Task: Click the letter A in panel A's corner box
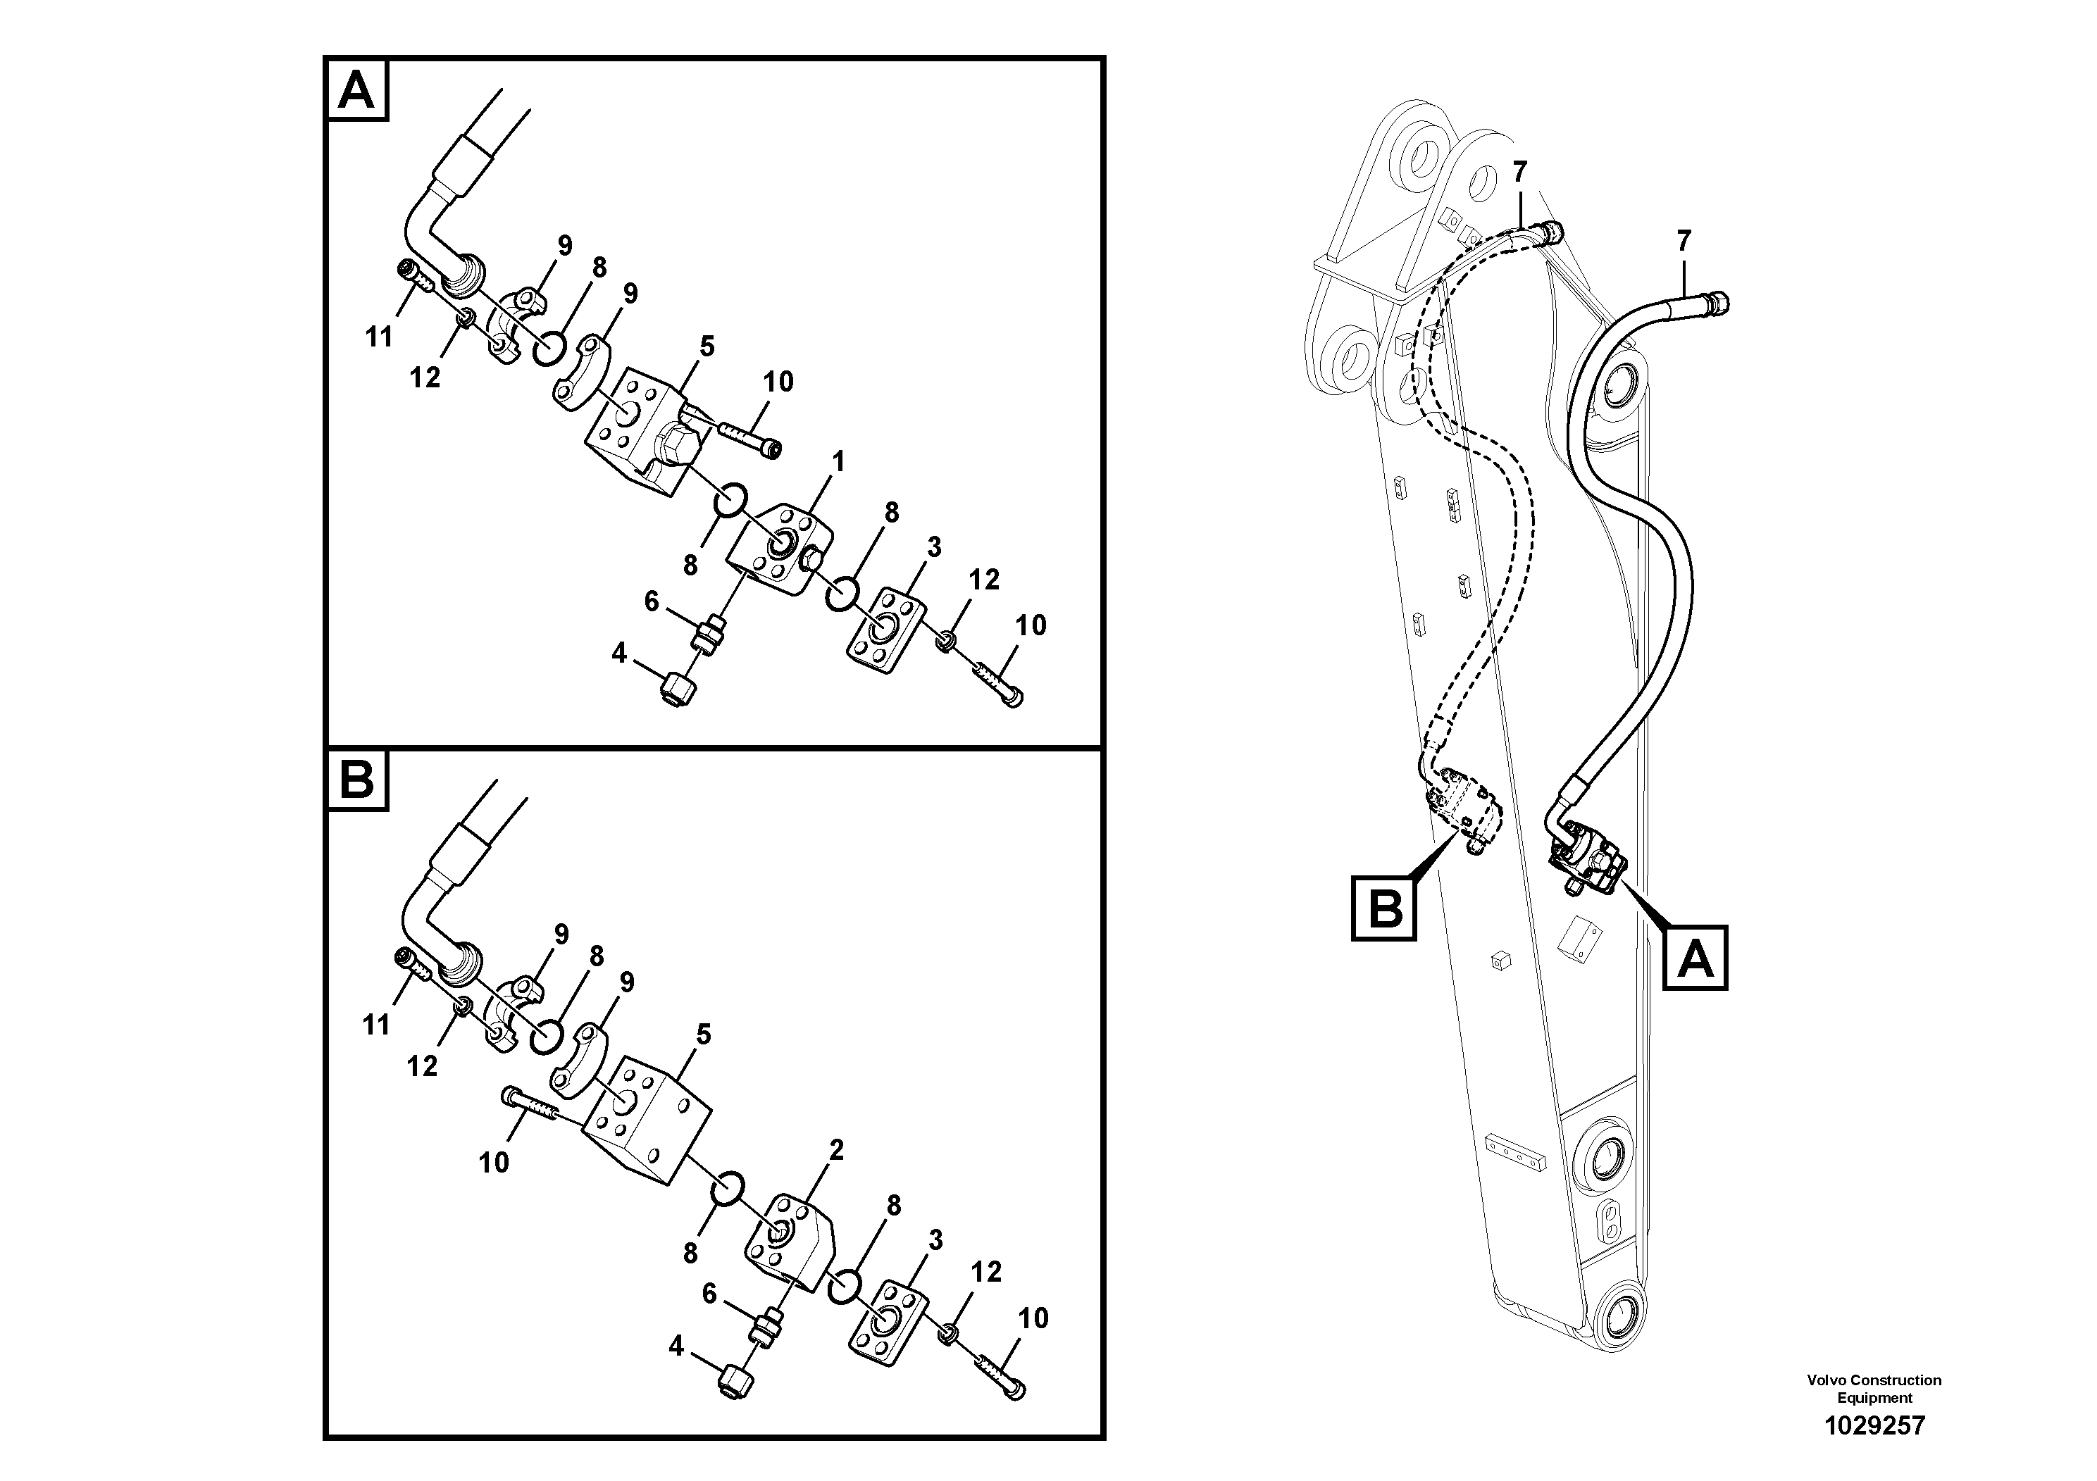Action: (x=357, y=90)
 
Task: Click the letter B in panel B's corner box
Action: (x=357, y=782)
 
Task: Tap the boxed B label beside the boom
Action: (x=1385, y=908)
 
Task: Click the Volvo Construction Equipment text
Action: (x=1874, y=1389)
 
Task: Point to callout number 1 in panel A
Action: (x=838, y=462)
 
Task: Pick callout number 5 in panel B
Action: (x=703, y=1035)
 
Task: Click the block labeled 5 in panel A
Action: (x=630, y=429)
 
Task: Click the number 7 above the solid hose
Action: (x=1684, y=241)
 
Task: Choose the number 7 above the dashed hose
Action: (x=1519, y=170)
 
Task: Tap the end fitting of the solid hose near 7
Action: (x=1715, y=302)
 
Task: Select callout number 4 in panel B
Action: (x=676, y=1346)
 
